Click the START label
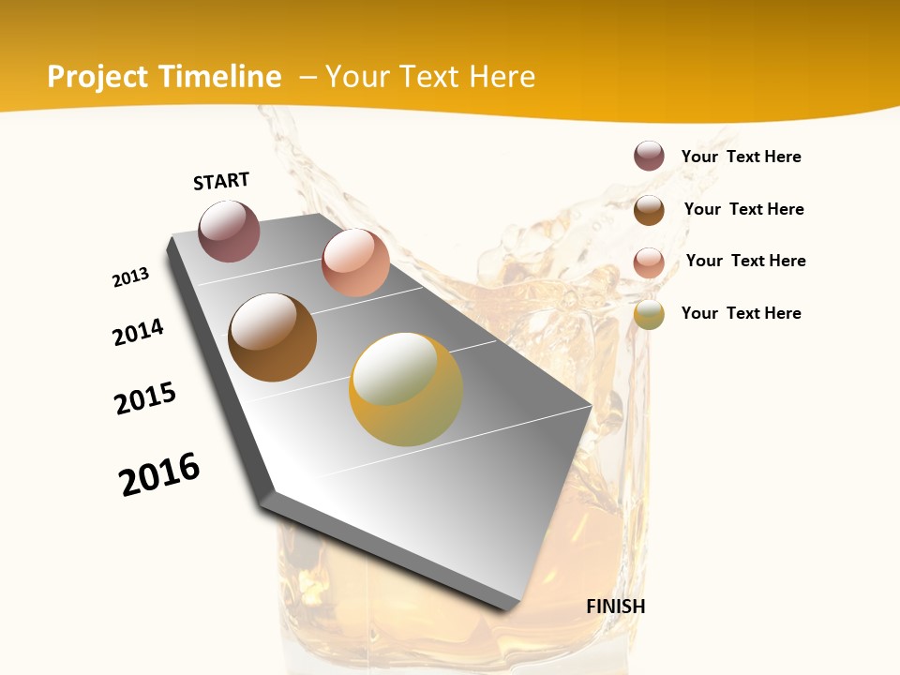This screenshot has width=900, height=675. click(x=221, y=181)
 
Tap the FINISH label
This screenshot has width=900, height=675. click(x=615, y=607)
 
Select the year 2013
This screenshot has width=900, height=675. click(x=131, y=277)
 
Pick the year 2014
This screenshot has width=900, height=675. click(x=139, y=332)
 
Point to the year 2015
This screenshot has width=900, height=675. click(x=145, y=398)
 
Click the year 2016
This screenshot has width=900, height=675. click(x=159, y=474)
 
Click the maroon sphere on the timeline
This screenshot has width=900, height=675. click(x=229, y=231)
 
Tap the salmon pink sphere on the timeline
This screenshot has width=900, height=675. click(x=355, y=262)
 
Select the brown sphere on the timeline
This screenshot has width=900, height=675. click(x=272, y=337)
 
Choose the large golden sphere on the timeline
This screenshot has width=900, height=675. click(x=406, y=389)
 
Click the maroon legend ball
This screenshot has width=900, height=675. click(x=649, y=156)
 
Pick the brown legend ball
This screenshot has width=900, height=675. click(x=649, y=209)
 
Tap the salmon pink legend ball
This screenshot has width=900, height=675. click(x=649, y=262)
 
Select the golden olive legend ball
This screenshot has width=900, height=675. click(x=649, y=314)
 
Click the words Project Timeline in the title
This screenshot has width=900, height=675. click(x=164, y=77)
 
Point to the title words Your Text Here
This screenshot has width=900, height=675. click(x=430, y=77)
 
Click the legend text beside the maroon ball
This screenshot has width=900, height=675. click(x=741, y=157)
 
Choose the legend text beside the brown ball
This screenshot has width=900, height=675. click(x=743, y=209)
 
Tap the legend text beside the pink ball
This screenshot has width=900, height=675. click(x=745, y=261)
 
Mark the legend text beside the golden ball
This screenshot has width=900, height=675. click(x=741, y=313)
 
